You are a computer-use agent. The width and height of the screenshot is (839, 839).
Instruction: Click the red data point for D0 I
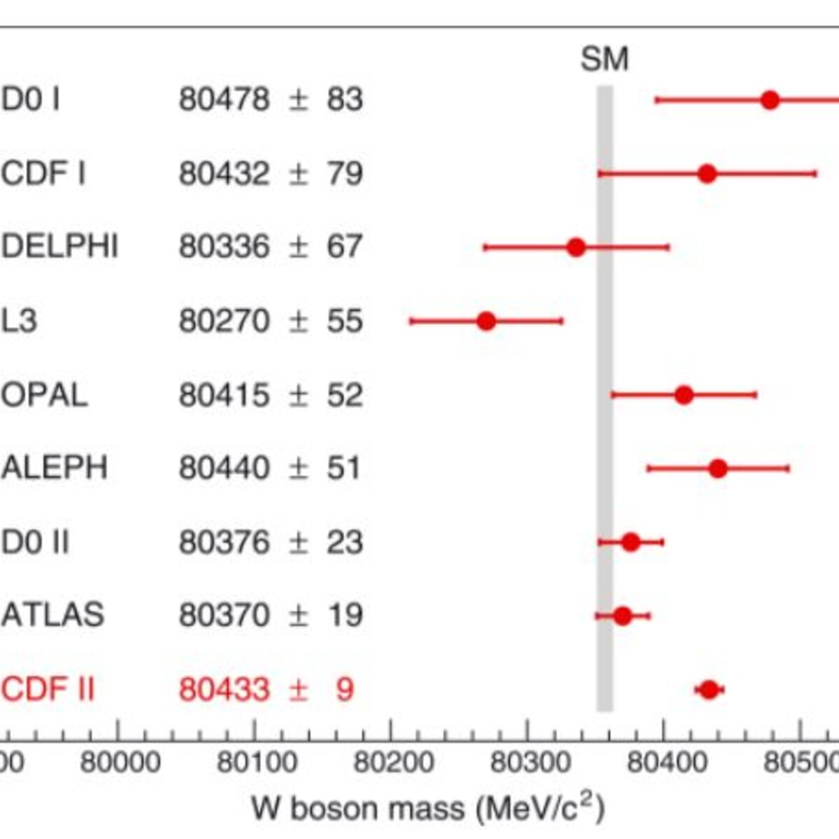770,100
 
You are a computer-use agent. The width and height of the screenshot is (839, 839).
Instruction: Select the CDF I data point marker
707,173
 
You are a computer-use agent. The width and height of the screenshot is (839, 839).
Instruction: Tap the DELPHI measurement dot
576,248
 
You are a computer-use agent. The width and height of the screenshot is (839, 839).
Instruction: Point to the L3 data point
486,322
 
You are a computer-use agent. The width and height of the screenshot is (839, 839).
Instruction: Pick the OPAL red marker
684,395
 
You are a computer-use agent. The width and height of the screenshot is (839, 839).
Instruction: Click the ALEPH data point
718,468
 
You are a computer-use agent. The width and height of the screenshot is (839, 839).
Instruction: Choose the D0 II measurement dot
631,542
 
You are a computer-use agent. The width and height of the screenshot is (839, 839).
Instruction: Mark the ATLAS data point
623,616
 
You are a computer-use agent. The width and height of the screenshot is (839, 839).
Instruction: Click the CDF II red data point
709,689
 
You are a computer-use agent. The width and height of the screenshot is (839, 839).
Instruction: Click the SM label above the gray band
605,59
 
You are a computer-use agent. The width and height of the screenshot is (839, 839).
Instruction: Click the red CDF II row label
48,689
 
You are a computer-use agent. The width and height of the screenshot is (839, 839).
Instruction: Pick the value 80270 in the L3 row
224,321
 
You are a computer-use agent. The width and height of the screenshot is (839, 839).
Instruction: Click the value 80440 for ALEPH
224,468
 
